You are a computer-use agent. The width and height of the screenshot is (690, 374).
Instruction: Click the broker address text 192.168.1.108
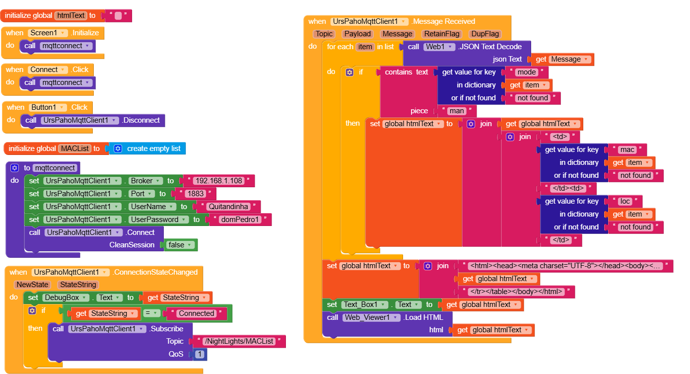click(218, 181)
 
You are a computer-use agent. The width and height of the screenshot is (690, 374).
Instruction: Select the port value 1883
click(195, 194)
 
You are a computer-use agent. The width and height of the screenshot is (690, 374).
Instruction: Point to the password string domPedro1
click(240, 220)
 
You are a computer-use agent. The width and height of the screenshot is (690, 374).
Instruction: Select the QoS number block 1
click(200, 354)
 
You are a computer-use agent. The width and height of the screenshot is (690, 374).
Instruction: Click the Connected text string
click(197, 313)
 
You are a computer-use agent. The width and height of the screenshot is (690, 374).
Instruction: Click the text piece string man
click(456, 111)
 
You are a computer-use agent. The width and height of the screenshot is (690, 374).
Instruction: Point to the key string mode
click(526, 72)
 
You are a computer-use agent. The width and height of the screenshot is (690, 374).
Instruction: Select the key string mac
click(627, 150)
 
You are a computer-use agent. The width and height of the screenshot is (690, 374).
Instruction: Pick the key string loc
click(625, 201)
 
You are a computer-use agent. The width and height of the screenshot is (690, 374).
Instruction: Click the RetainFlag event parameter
click(441, 34)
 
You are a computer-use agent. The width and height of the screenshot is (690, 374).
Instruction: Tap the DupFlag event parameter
click(485, 34)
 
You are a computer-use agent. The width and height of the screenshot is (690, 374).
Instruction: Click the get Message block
click(562, 60)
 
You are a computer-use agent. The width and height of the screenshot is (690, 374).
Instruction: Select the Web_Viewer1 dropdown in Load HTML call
click(371, 317)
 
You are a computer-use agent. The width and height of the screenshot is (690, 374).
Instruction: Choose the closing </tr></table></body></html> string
click(516, 292)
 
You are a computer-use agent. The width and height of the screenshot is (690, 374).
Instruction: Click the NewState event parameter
click(32, 285)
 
